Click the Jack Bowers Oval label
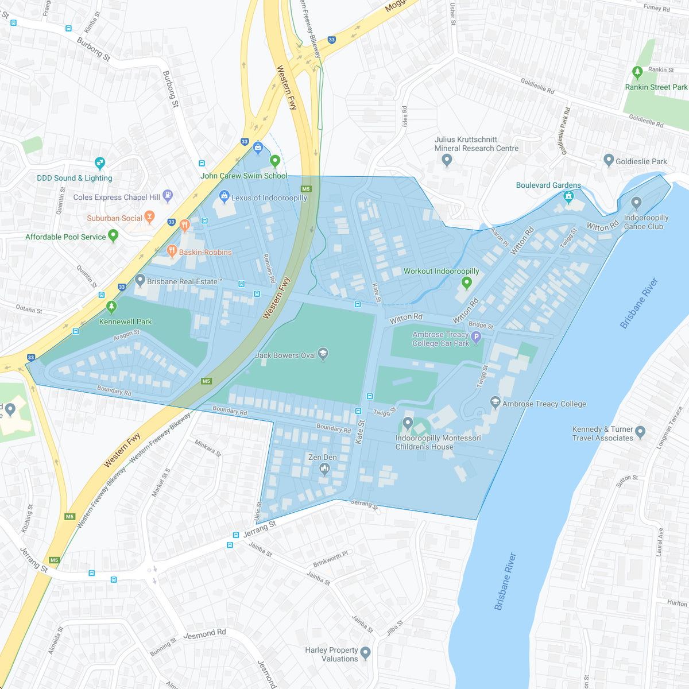[x=285, y=355]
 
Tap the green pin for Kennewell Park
[x=111, y=307]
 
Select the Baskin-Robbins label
[x=205, y=252]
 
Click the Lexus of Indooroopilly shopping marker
[x=224, y=196]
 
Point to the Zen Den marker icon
[x=324, y=469]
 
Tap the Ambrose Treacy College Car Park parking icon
[x=475, y=338]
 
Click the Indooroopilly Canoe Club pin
[x=636, y=203]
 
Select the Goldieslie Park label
[x=641, y=161]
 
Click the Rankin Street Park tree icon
[x=636, y=72]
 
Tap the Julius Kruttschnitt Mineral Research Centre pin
[x=447, y=160]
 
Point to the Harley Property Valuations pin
[x=365, y=653]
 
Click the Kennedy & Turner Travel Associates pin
[x=641, y=431]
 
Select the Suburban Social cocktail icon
[x=149, y=217]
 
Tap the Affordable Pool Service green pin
[x=113, y=235]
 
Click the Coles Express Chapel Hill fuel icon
[x=168, y=196]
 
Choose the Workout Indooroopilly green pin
[x=466, y=282]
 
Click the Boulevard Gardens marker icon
[x=568, y=196]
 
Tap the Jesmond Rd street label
[x=204, y=634]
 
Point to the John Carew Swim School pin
[x=274, y=161]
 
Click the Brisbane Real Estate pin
[x=140, y=280]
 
